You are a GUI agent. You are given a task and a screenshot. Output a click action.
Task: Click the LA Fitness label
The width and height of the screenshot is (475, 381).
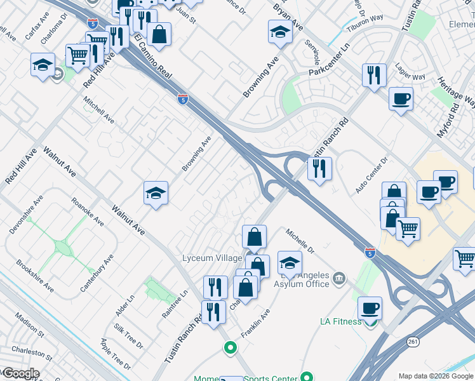[x=340, y=322]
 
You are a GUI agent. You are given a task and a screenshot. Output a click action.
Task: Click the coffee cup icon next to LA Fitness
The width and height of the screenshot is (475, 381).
[x=370, y=309]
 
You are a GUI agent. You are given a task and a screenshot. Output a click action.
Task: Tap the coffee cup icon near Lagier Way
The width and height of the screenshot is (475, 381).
[x=401, y=100]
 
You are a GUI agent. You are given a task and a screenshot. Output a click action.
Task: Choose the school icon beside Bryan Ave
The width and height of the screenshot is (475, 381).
[x=280, y=32]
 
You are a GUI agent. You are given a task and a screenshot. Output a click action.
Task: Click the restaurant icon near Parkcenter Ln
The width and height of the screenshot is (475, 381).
[x=374, y=76]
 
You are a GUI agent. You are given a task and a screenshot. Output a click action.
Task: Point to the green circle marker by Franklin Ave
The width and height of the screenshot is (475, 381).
[x=230, y=348]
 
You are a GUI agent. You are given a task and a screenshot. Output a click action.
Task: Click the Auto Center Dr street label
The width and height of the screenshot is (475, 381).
[x=371, y=177]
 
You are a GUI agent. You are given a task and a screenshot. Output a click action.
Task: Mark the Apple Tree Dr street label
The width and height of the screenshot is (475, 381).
[x=116, y=354]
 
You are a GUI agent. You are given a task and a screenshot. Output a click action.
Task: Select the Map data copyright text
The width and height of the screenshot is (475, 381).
[x=436, y=376]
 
